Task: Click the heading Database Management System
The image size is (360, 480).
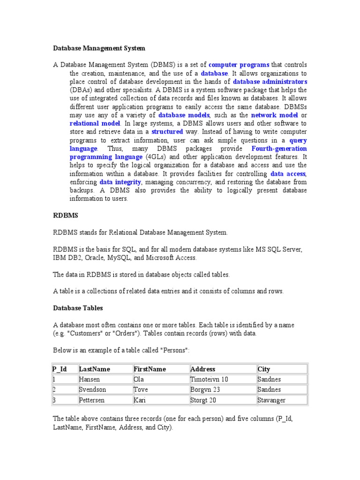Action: [x=99, y=48]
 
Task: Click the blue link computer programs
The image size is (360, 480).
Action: [x=239, y=65]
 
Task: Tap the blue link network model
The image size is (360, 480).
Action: [x=274, y=115]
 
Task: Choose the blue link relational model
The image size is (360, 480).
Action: [x=91, y=124]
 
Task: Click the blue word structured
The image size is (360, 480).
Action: [x=167, y=132]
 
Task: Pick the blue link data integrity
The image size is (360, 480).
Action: [x=120, y=182]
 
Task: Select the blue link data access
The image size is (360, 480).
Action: [x=288, y=173]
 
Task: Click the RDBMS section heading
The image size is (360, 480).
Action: [x=66, y=215]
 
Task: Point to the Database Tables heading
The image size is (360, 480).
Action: [x=78, y=308]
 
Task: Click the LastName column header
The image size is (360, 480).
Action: [x=94, y=369]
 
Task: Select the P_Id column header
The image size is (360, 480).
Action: [x=60, y=369]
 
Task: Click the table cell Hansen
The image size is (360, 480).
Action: [x=90, y=380]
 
